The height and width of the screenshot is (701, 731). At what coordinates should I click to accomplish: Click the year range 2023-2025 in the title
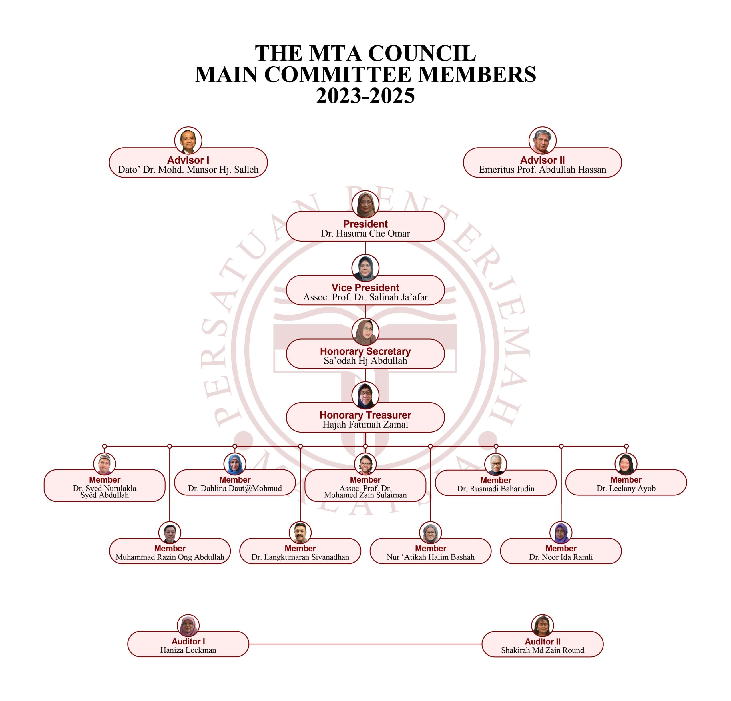tap(365, 96)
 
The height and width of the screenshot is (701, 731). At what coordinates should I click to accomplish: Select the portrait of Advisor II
tap(542, 140)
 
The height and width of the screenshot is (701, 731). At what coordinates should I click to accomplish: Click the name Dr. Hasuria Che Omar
tap(365, 234)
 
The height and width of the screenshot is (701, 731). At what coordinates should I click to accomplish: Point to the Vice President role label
tap(365, 288)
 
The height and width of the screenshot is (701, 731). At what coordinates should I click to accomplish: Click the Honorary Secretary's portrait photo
tap(365, 332)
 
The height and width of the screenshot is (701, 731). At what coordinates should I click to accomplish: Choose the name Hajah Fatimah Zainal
tap(365, 424)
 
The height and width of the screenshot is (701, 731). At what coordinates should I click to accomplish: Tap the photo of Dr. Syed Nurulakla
tap(105, 464)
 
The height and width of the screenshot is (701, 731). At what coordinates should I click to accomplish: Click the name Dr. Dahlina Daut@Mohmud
tap(235, 489)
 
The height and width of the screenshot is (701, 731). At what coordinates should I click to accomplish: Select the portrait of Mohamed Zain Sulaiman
tap(365, 464)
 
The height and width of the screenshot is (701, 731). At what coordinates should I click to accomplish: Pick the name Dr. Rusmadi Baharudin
tap(496, 489)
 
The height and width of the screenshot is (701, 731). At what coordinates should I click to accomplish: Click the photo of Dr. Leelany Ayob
tap(626, 464)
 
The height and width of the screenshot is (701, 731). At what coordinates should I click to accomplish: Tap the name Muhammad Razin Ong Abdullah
tap(170, 557)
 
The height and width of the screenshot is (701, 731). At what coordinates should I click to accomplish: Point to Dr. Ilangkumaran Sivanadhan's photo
tap(300, 533)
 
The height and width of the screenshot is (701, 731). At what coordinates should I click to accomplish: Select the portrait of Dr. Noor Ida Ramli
tap(561, 533)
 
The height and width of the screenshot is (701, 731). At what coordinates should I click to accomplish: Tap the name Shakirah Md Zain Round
tap(542, 650)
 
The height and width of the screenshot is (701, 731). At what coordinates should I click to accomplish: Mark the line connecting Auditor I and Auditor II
tap(365, 644)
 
